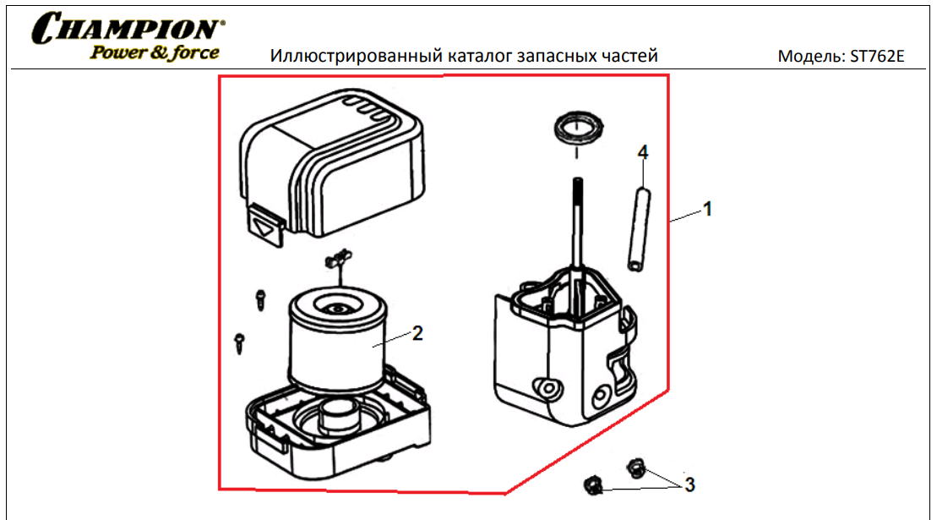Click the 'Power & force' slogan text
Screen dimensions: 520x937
(155, 52)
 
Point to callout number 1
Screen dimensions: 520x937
(708, 208)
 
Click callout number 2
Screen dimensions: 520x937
(417, 332)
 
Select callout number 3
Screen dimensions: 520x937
(689, 484)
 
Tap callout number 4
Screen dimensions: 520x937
(643, 152)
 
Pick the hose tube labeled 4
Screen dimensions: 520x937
(638, 228)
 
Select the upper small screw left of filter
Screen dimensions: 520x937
(260, 298)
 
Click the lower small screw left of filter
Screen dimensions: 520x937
(240, 340)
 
